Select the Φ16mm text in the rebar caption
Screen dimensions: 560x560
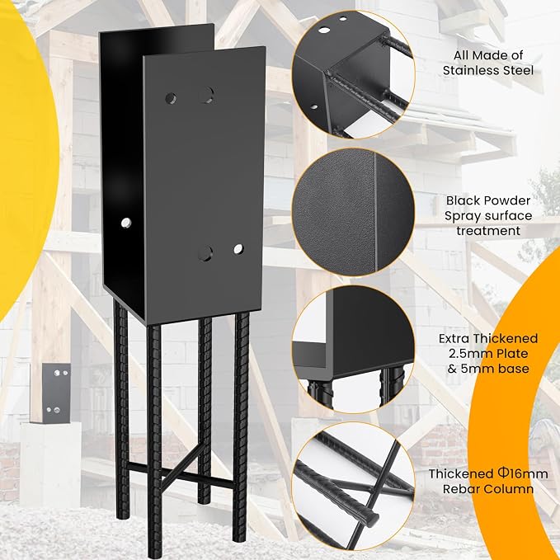(523, 473)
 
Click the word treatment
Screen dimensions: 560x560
(488, 231)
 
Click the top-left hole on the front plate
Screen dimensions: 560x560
(171, 98)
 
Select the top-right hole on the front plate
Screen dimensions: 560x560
(206, 96)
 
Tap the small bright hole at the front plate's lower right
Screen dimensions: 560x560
(238, 249)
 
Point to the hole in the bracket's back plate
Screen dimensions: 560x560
(125, 223)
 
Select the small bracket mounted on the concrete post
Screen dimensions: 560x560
(56, 393)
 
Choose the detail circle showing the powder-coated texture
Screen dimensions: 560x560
(353, 212)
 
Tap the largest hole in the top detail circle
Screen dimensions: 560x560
(324, 30)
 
